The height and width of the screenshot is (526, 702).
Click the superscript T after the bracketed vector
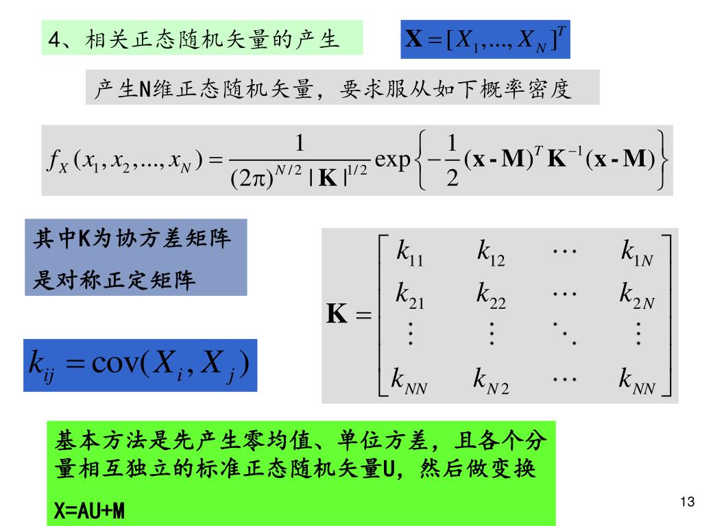(x=561, y=31)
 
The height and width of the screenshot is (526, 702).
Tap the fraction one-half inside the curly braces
(x=451, y=162)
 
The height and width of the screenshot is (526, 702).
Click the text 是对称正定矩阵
(x=114, y=280)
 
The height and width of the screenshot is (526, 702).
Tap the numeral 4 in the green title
(x=54, y=40)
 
